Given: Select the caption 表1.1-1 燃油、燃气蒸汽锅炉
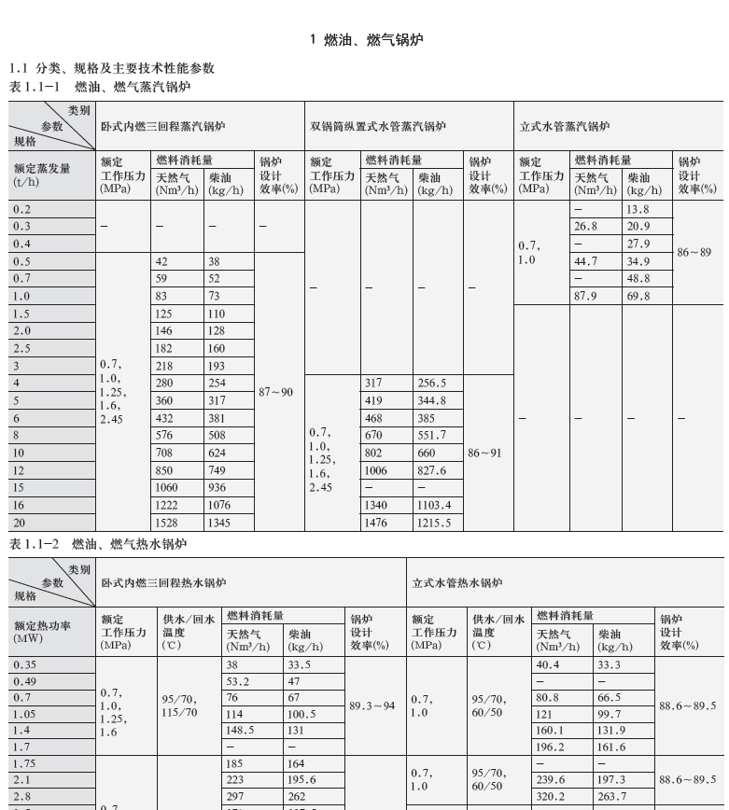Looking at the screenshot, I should [x=99, y=87].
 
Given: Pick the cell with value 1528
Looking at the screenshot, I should [x=168, y=524].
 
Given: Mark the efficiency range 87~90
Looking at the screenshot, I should [x=276, y=392].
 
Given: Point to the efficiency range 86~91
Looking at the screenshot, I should [x=485, y=453].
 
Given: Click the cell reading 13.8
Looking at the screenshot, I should [x=638, y=210].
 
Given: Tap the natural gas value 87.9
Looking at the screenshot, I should [x=586, y=297].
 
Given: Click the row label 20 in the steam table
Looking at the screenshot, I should [x=21, y=524].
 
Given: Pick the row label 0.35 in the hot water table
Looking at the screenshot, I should [x=24, y=665].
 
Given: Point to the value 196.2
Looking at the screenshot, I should [x=551, y=747].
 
